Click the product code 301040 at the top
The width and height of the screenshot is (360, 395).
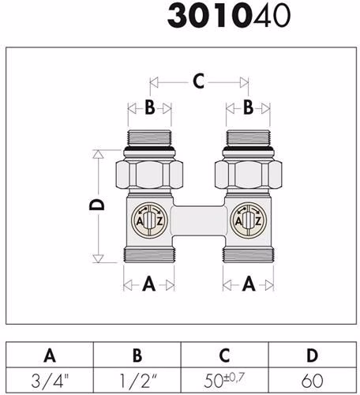(x=229, y=16)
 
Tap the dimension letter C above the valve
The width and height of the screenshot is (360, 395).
(x=199, y=81)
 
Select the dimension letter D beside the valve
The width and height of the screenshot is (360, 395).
(x=97, y=205)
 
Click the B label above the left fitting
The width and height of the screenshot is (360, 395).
(x=150, y=107)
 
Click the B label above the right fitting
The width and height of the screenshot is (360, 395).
(x=248, y=107)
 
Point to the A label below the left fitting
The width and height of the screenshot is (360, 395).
(x=149, y=284)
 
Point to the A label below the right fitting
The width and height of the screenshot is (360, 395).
(x=249, y=284)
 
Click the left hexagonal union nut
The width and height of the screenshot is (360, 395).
(x=149, y=175)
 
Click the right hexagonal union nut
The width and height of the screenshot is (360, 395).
(x=248, y=175)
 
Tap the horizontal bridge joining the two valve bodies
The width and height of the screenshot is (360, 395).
(x=199, y=220)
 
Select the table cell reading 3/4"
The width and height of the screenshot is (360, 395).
(x=50, y=380)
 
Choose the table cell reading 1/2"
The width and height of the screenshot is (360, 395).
(x=137, y=380)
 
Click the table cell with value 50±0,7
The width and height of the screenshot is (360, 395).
(x=225, y=380)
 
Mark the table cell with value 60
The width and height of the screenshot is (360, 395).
(x=313, y=380)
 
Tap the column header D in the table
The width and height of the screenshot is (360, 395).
(x=313, y=355)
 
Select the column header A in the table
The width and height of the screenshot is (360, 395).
(x=50, y=355)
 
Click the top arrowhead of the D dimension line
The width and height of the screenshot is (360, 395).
(x=98, y=154)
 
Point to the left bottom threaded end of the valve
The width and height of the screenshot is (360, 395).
(x=149, y=254)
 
